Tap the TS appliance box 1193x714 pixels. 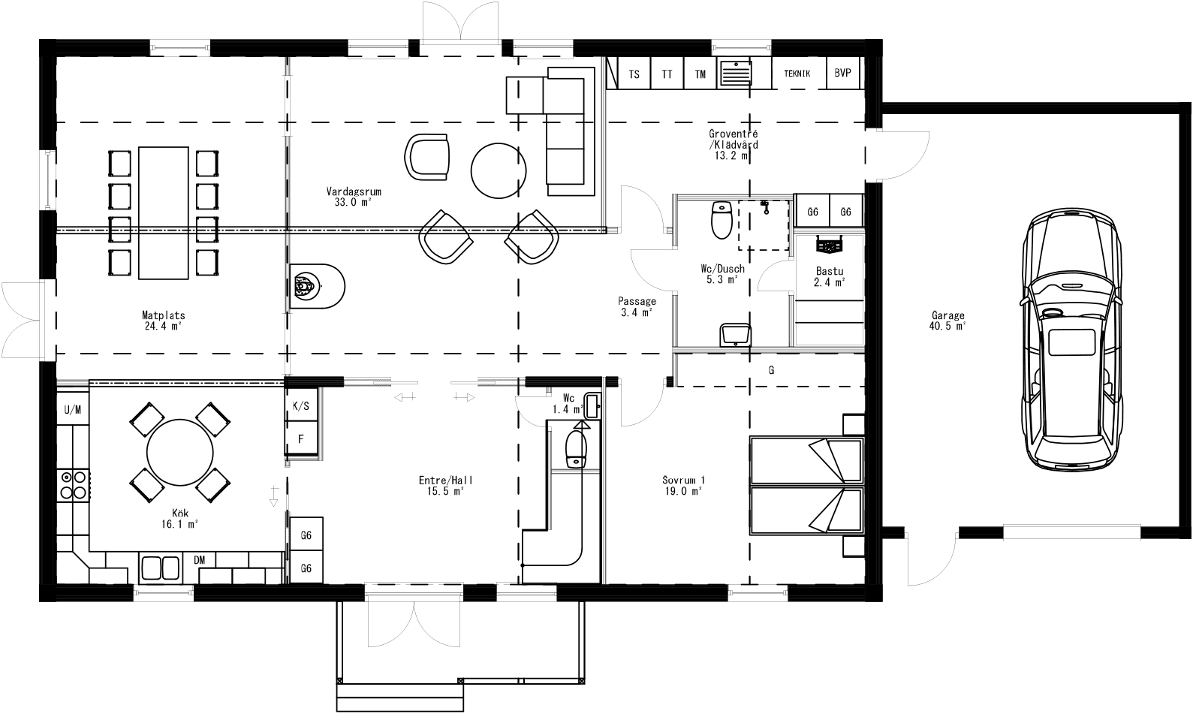click(x=634, y=74)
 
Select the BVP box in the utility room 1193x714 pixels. click(x=843, y=74)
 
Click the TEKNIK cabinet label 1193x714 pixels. click(x=797, y=74)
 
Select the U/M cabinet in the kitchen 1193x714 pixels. click(x=73, y=409)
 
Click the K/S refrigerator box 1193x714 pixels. click(x=300, y=406)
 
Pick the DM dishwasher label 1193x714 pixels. click(x=200, y=560)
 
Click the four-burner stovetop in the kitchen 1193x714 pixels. click(x=73, y=484)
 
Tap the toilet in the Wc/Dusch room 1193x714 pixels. click(x=722, y=220)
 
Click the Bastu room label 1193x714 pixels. click(x=830, y=276)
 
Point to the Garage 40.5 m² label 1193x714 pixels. click(x=947, y=321)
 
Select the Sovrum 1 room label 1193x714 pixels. click(x=683, y=485)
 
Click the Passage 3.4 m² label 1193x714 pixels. click(x=637, y=306)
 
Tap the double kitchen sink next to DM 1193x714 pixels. click(x=160, y=567)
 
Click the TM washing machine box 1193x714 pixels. click(x=700, y=74)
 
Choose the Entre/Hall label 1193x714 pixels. click(x=446, y=485)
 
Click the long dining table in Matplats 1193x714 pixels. click(x=163, y=212)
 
